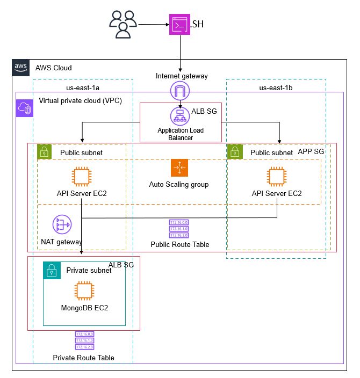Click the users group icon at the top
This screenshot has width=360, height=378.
pyautogui.click(x=123, y=24)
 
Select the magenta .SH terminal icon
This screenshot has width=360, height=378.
pyautogui.click(x=179, y=25)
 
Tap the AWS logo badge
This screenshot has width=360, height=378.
pyautogui.click(x=21, y=68)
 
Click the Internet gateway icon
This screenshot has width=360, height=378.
pyautogui.click(x=179, y=91)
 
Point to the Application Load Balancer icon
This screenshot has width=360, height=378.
pyautogui.click(x=179, y=117)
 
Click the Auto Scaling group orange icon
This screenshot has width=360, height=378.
pyautogui.click(x=179, y=168)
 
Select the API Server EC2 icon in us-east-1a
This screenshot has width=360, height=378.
pyautogui.click(x=82, y=176)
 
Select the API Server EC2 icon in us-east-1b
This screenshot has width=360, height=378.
pyautogui.click(x=277, y=176)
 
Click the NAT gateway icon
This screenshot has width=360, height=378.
pyautogui.click(x=62, y=224)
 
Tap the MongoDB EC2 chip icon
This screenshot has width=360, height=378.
pyautogui.click(x=83, y=292)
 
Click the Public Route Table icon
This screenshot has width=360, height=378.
pyautogui.click(x=179, y=228)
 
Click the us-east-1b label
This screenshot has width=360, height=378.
pyautogui.click(x=276, y=87)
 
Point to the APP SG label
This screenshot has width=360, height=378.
pyautogui.click(x=311, y=152)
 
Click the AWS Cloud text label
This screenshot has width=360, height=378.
pyautogui.click(x=53, y=68)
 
